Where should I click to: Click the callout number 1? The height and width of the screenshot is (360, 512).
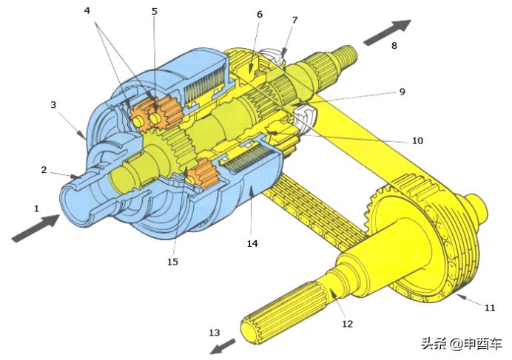pos(36,208)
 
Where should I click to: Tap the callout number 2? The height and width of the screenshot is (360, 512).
pos(44,170)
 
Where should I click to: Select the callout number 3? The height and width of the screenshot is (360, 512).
pos(53,105)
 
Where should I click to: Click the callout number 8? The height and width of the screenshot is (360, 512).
pos(394,45)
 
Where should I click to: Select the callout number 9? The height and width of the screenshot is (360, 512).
pos(402,92)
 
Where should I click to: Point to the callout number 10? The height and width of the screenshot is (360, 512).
pos(417,140)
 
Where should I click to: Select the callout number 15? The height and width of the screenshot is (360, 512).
pos(172,261)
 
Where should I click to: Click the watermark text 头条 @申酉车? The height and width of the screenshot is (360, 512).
pos(461,344)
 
